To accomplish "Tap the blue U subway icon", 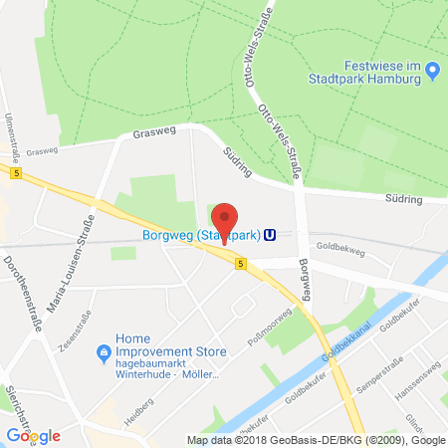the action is [x=269, y=236].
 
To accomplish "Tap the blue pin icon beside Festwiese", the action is [x=433, y=71].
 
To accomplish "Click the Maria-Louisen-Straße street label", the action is [x=76, y=260].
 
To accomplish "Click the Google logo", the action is [x=33, y=435].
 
